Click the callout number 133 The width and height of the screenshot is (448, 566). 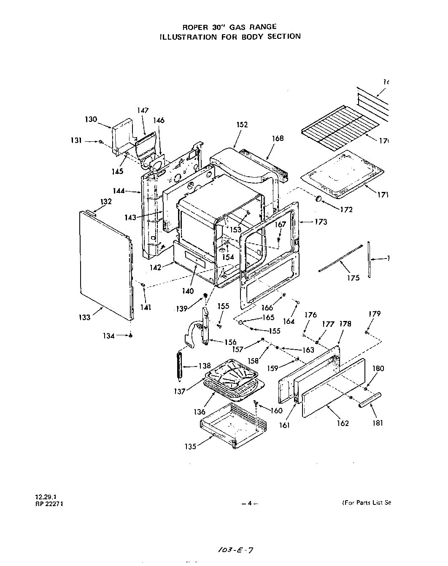tap(84, 317)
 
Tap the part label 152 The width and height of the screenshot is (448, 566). tap(242, 125)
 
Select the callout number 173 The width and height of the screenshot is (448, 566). tap(321, 222)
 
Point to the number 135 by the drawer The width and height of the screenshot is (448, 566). tap(190, 447)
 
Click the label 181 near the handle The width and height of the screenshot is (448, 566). tap(378, 423)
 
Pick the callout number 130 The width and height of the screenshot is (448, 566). tap(91, 119)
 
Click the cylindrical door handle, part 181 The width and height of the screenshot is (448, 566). tap(370, 399)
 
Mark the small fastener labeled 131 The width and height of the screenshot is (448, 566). tap(101, 142)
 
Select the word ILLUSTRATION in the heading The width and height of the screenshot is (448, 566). tap(184, 37)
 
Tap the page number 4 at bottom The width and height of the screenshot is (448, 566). tap(249, 503)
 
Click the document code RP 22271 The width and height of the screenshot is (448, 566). tap(49, 503)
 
